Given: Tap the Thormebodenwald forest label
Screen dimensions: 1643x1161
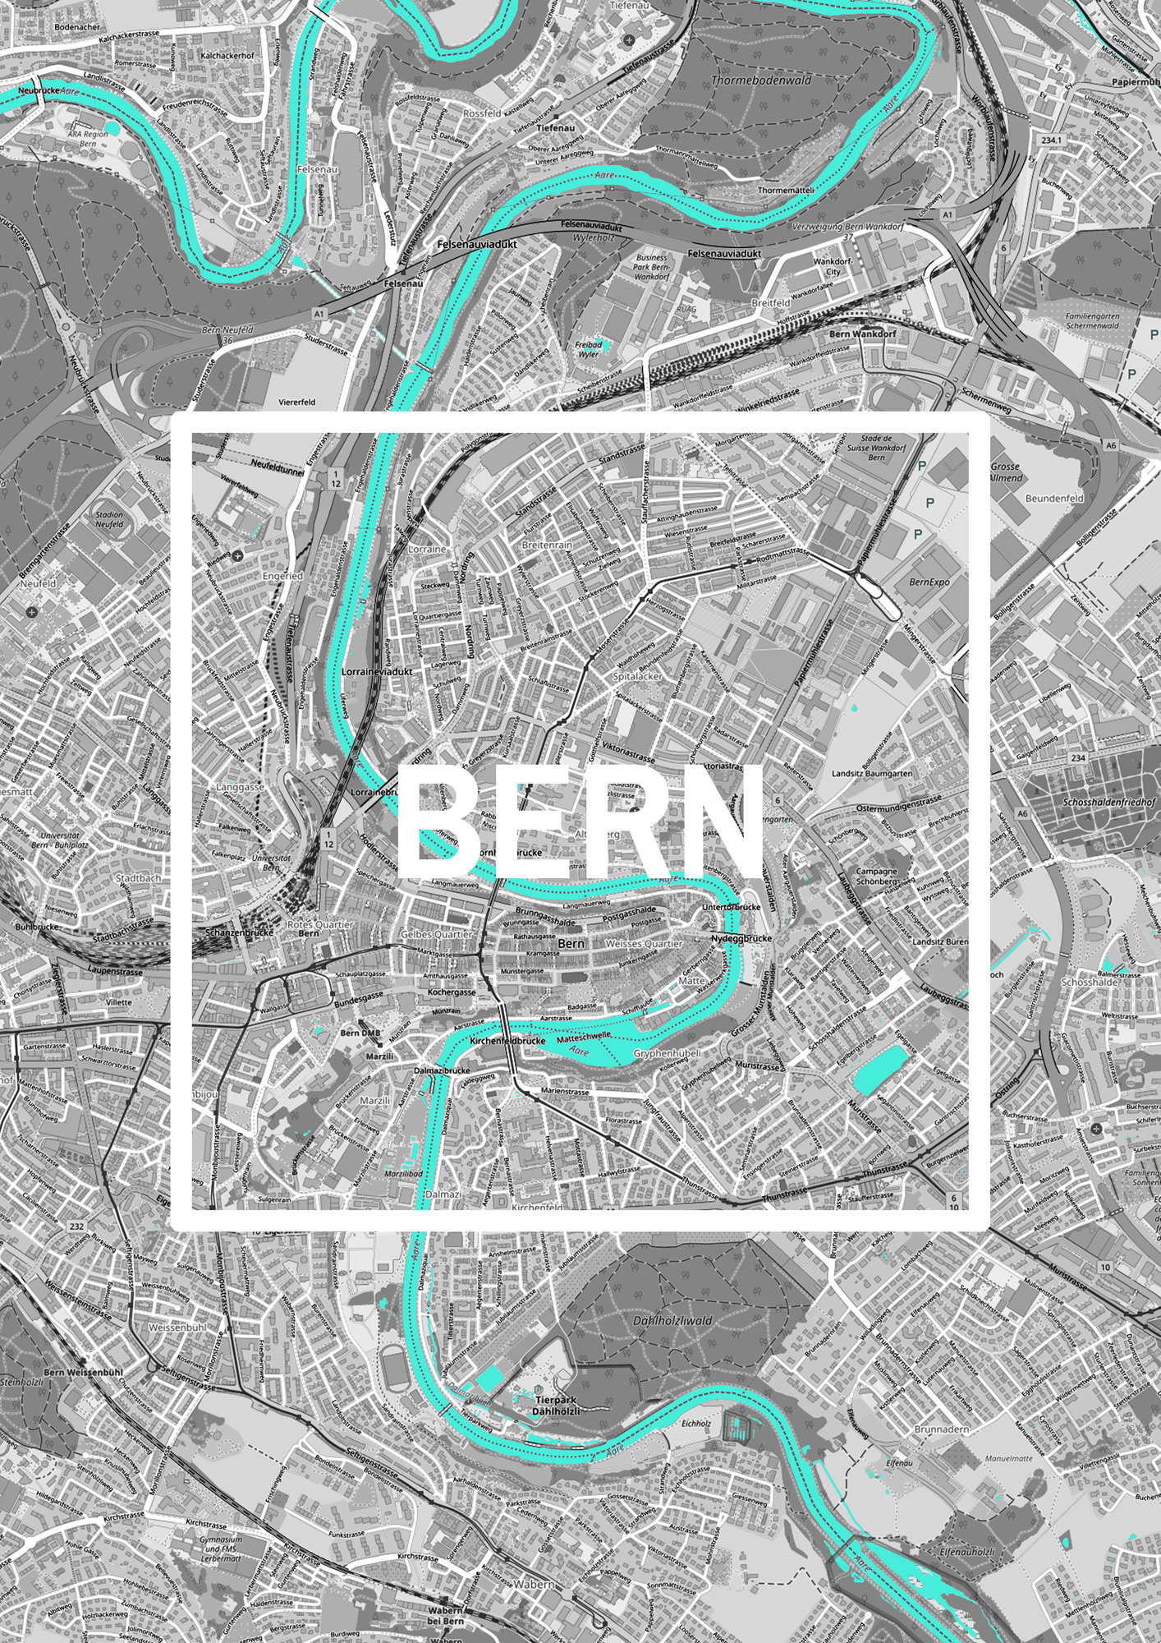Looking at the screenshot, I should coord(760,81).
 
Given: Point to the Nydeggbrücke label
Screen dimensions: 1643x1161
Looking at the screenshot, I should coord(741,938).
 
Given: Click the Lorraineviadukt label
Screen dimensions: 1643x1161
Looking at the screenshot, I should coord(376,671).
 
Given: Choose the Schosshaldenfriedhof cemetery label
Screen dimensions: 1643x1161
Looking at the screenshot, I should coord(1108,802).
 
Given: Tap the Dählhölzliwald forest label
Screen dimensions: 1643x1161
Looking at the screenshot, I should coord(672,1321).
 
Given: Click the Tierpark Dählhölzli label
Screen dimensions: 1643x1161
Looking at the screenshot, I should coord(556,1404).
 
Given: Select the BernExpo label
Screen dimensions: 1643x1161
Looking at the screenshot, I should coord(929,582).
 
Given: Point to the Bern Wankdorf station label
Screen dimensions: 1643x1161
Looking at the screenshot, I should coord(862,334).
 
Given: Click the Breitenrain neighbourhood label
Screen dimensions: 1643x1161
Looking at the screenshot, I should coord(547,545).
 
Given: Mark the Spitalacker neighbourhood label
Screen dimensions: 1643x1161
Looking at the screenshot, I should coord(637,677).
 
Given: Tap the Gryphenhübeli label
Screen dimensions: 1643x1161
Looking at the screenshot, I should coord(667,1053).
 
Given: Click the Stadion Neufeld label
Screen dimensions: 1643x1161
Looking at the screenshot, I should coord(109,519).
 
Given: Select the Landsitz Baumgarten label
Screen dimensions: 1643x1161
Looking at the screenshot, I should coord(871,774).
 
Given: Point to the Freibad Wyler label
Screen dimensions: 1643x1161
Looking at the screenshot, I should coord(588,349).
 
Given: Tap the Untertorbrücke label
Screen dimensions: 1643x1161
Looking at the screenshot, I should coord(732,907).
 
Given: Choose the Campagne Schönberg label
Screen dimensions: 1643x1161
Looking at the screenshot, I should coord(876,876).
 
